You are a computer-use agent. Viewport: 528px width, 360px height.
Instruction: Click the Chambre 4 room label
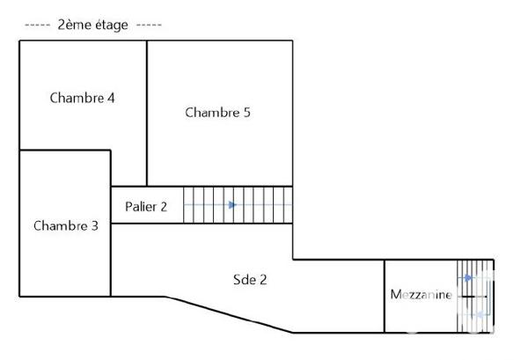pyautogui.click(x=83, y=98)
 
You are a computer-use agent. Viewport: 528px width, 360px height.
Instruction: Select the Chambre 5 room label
pyautogui.click(x=218, y=112)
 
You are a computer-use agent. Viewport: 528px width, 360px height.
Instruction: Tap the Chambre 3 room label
pyautogui.click(x=66, y=225)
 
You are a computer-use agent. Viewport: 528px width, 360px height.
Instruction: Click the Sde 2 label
pyautogui.click(x=250, y=280)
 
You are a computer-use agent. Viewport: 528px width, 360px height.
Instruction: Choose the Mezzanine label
pyautogui.click(x=421, y=295)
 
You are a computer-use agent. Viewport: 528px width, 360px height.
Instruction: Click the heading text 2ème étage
pyautogui.click(x=92, y=26)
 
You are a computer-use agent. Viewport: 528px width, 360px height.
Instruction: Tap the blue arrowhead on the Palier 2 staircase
pyautogui.click(x=232, y=205)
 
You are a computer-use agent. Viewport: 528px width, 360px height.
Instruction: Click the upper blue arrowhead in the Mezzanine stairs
pyautogui.click(x=469, y=277)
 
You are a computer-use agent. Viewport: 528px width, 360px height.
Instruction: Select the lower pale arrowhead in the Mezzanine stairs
pyautogui.click(x=476, y=312)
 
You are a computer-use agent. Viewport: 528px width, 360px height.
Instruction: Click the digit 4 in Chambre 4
pyautogui.click(x=112, y=98)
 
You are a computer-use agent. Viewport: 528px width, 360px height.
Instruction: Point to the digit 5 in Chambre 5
pyautogui.click(x=247, y=112)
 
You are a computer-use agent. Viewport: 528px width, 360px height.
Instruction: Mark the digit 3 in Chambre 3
pyautogui.click(x=94, y=225)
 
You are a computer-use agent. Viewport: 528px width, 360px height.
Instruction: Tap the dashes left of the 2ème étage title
pyautogui.click(x=37, y=26)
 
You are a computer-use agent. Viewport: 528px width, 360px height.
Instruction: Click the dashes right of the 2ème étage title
pyautogui.click(x=150, y=26)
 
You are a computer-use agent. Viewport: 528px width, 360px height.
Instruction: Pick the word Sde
pyautogui.click(x=245, y=280)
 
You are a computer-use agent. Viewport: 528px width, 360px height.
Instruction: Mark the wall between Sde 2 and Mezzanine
pyautogui.click(x=385, y=295)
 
